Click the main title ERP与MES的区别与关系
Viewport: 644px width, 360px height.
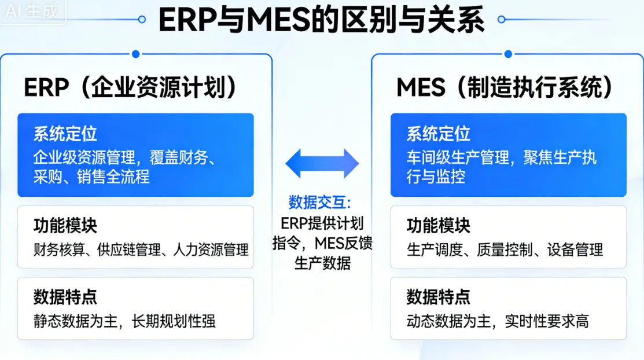[x=321, y=20]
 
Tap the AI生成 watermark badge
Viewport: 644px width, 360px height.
[x=32, y=11]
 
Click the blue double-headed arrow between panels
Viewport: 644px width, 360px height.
[x=322, y=163]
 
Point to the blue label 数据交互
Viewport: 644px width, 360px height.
[x=320, y=203]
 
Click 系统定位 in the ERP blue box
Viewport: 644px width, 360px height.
[x=65, y=134]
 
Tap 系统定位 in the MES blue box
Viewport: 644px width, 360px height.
[x=438, y=134]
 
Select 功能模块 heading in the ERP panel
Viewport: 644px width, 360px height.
[x=65, y=225]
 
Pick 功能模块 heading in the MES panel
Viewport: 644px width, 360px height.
[x=438, y=225]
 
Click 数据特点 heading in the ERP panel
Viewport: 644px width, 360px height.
[x=65, y=297]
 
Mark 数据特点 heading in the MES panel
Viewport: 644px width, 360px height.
[x=438, y=297]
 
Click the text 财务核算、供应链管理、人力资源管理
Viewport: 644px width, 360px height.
[x=141, y=250]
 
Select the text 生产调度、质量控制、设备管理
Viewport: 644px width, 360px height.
[x=505, y=250]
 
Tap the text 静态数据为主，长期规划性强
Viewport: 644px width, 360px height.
[x=124, y=321]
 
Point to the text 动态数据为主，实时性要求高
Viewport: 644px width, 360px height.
[x=498, y=321]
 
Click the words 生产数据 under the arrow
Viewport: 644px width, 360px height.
[x=322, y=263]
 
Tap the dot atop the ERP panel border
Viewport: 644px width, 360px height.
[x=135, y=54]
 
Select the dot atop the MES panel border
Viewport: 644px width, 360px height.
[x=509, y=54]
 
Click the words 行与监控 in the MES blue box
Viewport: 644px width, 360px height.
[x=436, y=177]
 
